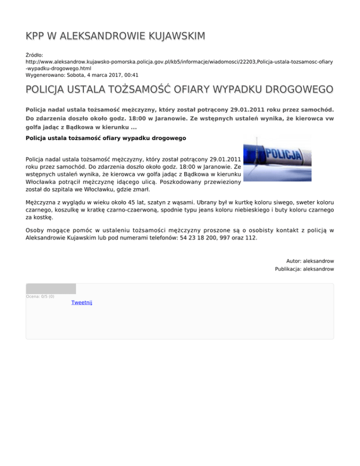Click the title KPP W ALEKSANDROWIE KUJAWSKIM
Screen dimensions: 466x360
(x=115, y=36)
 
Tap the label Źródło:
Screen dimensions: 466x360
(x=35, y=55)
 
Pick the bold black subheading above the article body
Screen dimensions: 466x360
(x=106, y=138)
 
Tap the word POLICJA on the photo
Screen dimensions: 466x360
(x=283, y=154)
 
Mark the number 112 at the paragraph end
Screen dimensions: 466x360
(x=251, y=238)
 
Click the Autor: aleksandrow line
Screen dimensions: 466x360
(x=310, y=261)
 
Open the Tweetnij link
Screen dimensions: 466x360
(x=82, y=302)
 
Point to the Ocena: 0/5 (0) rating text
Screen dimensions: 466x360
(x=40, y=296)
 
